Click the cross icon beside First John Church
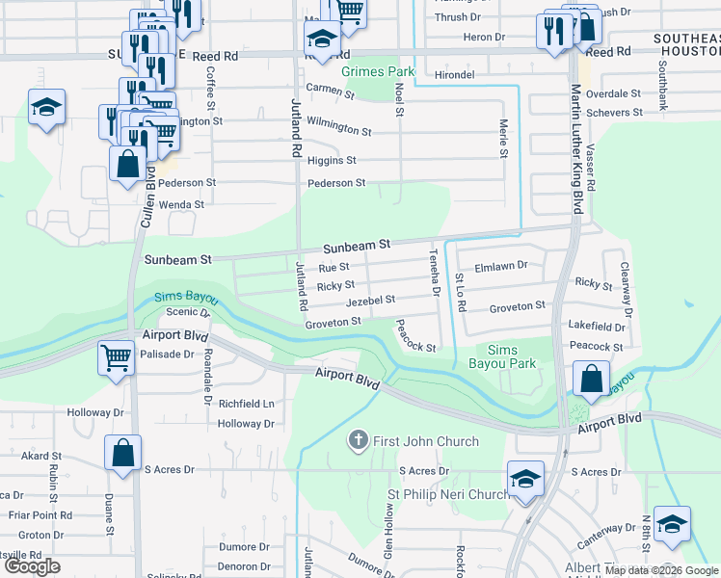coord(358,441)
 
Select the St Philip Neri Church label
coord(448,494)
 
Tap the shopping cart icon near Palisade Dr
coord(116,358)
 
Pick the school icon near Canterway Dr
coord(671,524)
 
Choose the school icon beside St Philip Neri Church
coord(525,479)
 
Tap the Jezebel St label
coord(371,301)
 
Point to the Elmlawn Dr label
coord(501,265)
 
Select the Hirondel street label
coord(455,73)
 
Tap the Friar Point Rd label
coord(40,515)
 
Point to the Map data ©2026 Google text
coord(661,570)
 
